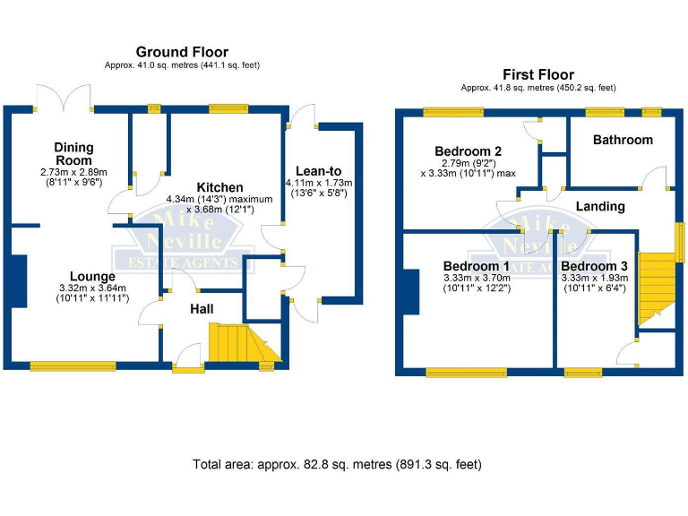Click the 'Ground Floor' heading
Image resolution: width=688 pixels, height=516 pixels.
point(181,52)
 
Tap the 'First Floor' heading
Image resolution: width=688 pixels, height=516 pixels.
point(537,74)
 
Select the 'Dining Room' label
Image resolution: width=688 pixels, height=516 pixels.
point(73,153)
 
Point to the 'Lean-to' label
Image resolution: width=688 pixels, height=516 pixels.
point(319,171)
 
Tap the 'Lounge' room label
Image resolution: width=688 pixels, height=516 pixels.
point(94,276)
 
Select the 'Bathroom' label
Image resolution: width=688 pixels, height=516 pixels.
point(623,140)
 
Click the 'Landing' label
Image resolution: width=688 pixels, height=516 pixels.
point(599,206)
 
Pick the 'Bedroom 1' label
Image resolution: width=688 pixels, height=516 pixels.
point(477,266)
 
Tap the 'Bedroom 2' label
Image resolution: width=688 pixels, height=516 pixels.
point(467,150)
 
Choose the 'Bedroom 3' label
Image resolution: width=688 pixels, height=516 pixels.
point(595,266)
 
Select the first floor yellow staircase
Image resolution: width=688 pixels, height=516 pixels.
point(654,288)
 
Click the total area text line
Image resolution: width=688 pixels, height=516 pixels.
point(337,465)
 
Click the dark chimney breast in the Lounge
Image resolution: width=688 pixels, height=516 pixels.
point(17,281)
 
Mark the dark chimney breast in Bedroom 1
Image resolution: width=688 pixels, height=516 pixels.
point(411,292)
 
